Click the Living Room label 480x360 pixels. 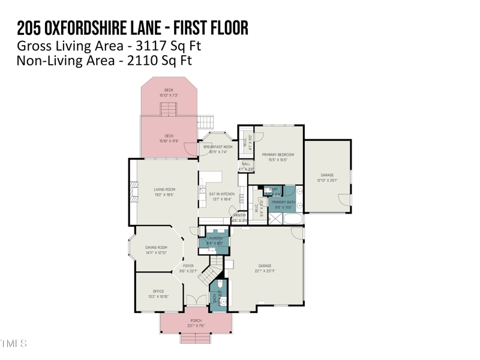point(164,190)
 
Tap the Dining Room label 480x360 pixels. point(156,247)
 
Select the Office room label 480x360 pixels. point(158,292)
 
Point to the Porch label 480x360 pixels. point(196,321)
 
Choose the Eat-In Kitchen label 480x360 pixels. point(221,194)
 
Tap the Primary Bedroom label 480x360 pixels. point(278,155)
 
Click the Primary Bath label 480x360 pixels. point(283,202)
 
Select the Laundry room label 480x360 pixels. point(214,238)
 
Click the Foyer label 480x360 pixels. point(188,266)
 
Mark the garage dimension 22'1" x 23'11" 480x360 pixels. point(265,271)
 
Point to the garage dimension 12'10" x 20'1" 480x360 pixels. point(327,181)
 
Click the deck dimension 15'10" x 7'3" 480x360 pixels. point(169,95)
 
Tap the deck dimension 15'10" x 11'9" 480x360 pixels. point(169,141)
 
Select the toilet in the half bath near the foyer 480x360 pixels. point(220,284)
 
